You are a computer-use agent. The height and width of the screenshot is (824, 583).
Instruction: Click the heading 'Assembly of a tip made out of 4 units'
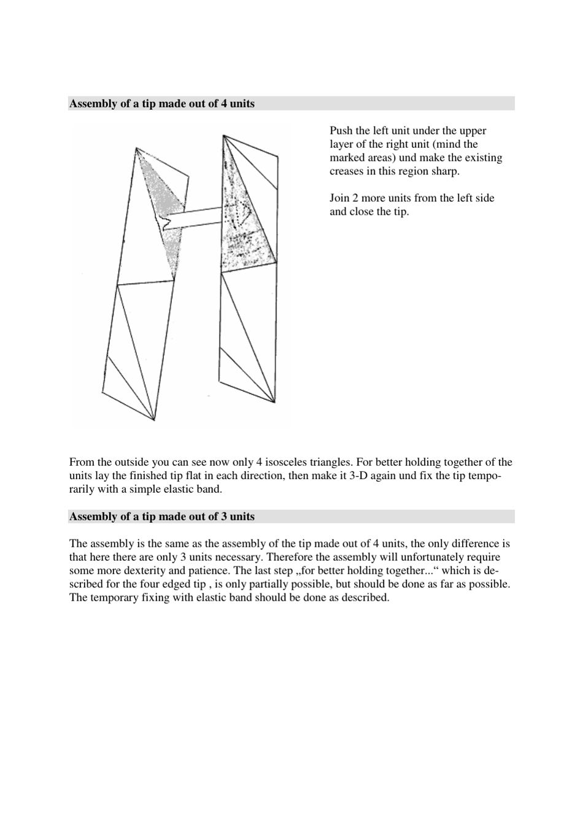(161, 104)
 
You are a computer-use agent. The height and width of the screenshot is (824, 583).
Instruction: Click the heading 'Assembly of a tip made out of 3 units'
(161, 517)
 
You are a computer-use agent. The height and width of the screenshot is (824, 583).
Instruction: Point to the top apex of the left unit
(136, 148)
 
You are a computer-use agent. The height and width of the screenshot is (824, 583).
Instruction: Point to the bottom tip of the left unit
(153, 420)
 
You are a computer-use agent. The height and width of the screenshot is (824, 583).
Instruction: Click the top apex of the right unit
(223, 135)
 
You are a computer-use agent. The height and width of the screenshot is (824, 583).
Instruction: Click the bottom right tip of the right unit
(274, 402)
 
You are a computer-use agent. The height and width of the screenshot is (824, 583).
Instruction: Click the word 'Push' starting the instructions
(341, 131)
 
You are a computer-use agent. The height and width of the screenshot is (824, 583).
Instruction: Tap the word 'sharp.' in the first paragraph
(444, 171)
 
